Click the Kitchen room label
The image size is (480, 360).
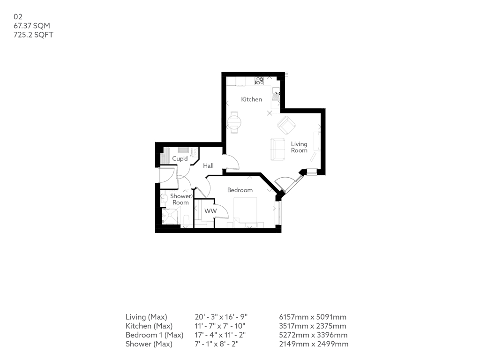point(251,99)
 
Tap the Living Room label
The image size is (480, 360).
point(299,147)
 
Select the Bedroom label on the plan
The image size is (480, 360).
point(240,190)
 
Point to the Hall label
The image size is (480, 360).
point(208,166)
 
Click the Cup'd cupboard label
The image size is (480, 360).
point(180,159)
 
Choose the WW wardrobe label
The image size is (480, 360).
point(210,211)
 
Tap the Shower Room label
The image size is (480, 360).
point(180,199)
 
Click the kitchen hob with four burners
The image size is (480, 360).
point(259,81)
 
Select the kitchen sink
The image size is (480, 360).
point(276,96)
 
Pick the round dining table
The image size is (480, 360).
point(234,123)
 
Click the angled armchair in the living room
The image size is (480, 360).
point(286,126)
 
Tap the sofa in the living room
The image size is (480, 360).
point(277,149)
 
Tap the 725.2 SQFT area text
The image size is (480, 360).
point(33,35)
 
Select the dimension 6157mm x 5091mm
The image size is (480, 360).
point(313,317)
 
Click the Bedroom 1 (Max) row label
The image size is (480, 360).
point(154,335)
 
